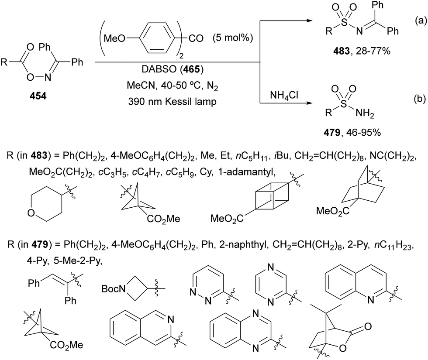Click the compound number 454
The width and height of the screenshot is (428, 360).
click(38, 96)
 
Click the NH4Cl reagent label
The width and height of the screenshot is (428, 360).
click(284, 96)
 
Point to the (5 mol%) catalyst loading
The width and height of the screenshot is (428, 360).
click(233, 38)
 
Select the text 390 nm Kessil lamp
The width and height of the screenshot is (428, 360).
click(172, 101)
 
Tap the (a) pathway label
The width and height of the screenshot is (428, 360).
click(420, 21)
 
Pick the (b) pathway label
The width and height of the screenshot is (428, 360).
click(420, 99)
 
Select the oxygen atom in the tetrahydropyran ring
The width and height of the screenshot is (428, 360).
click(31, 213)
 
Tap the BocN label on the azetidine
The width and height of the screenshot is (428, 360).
click(113, 288)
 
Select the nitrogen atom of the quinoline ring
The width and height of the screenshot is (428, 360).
click(371, 300)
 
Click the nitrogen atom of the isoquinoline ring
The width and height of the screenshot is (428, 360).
click(171, 319)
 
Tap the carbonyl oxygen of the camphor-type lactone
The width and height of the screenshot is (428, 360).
click(368, 326)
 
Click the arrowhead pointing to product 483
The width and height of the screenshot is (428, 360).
click(309, 21)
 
